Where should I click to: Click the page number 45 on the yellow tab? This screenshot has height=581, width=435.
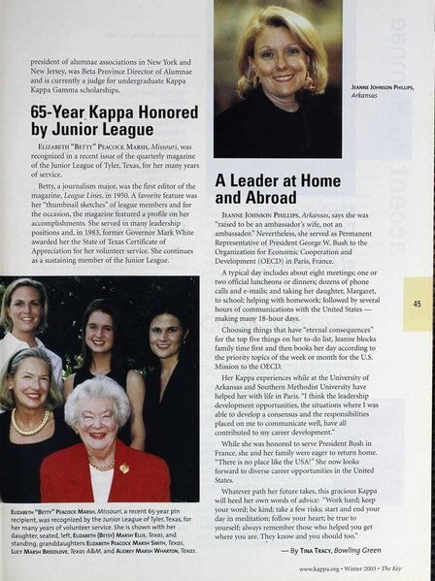pos(416,304)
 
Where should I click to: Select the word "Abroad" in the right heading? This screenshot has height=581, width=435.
pos(246,196)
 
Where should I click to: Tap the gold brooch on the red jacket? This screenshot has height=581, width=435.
pos(124,468)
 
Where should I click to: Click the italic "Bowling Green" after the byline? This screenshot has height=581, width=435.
pos(375,549)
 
